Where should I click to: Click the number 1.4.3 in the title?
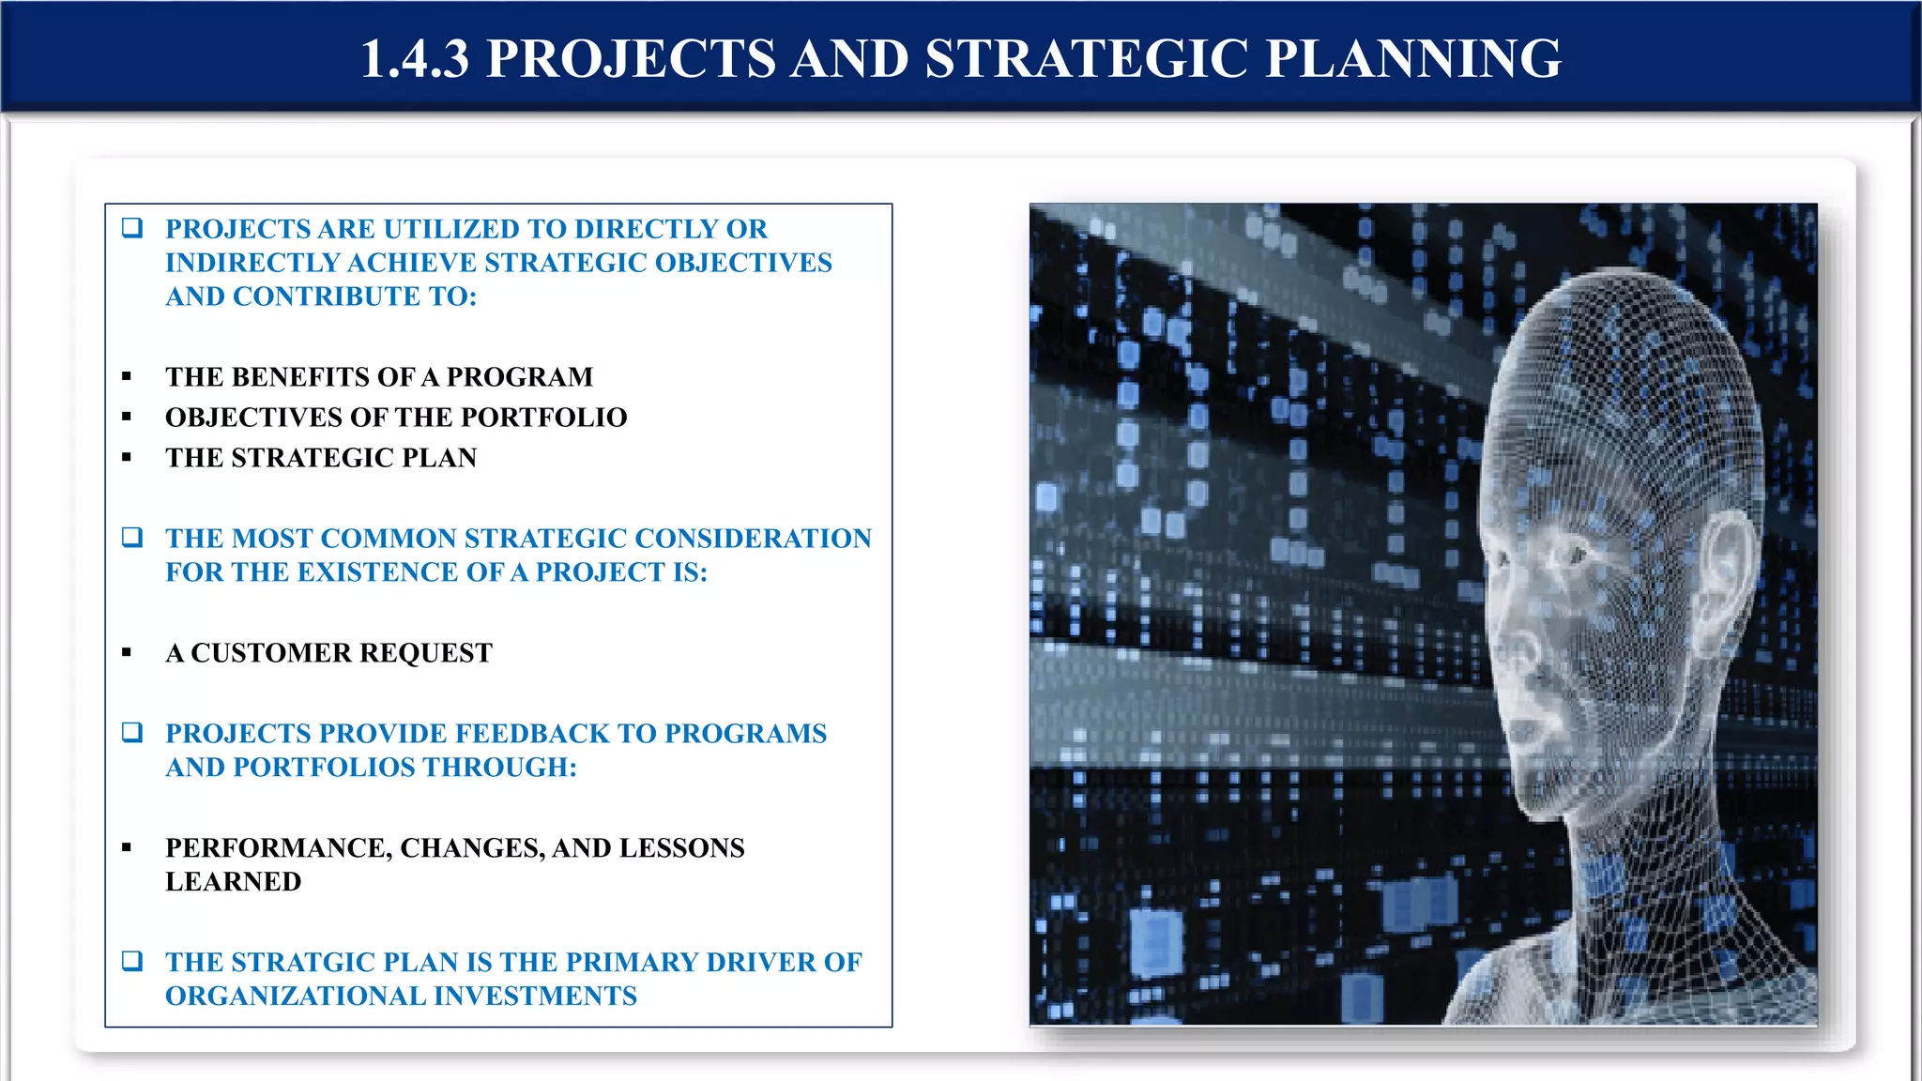(414, 58)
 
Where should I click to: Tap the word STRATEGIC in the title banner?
(1086, 58)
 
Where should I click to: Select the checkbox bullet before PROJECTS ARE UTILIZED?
(132, 228)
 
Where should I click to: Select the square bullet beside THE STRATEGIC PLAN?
(127, 458)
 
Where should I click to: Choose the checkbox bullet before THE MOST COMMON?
(132, 538)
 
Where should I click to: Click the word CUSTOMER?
(271, 653)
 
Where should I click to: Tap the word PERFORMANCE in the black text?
(277, 848)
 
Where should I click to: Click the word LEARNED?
(233, 882)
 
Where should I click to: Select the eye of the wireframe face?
(1575, 556)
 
